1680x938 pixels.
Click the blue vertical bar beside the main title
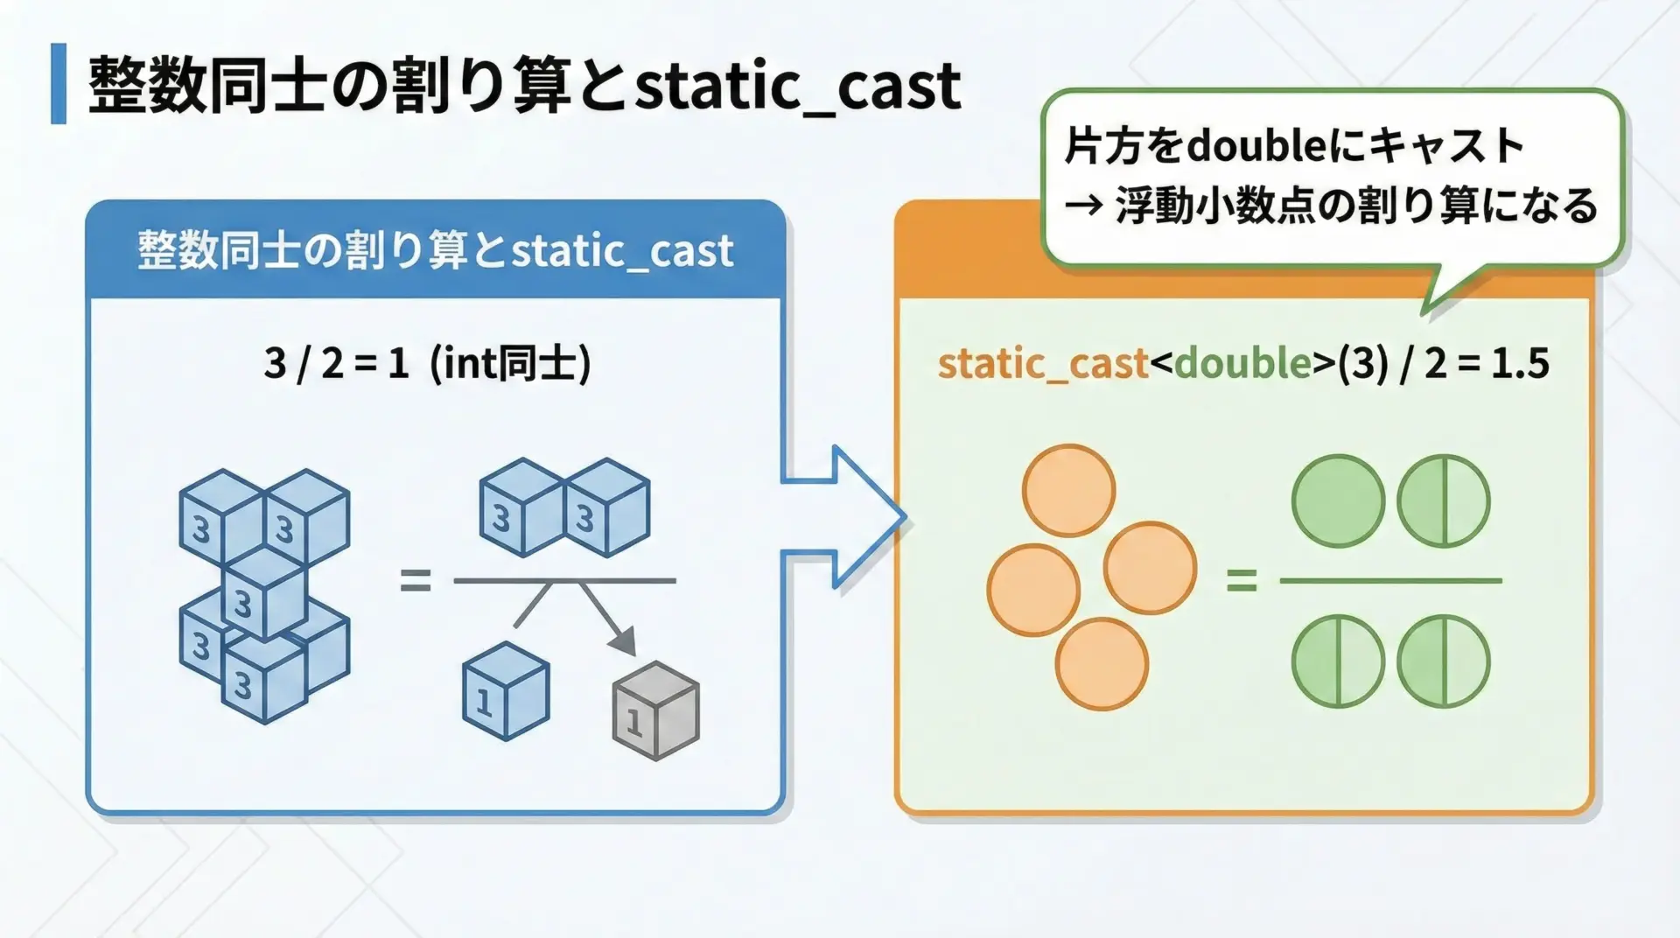click(x=59, y=84)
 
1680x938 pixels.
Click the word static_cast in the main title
click(x=798, y=87)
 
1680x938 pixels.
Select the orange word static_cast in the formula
click(x=1043, y=363)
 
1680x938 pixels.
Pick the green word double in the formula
click(x=1243, y=362)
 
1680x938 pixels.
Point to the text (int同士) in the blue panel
click(x=511, y=363)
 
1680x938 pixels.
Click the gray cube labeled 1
click(x=655, y=711)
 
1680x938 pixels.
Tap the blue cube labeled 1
click(x=506, y=691)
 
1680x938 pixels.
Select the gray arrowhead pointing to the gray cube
click(x=622, y=640)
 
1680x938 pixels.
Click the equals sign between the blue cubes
click(x=416, y=580)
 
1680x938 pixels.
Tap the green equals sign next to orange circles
click(x=1242, y=580)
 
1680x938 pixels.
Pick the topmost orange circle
click(x=1069, y=491)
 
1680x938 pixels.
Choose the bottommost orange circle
click(x=1102, y=663)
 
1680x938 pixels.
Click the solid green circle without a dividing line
click(x=1338, y=501)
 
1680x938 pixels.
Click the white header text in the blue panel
click(x=436, y=251)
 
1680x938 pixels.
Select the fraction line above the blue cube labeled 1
click(x=564, y=580)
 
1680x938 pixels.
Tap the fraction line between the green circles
click(x=1390, y=580)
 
